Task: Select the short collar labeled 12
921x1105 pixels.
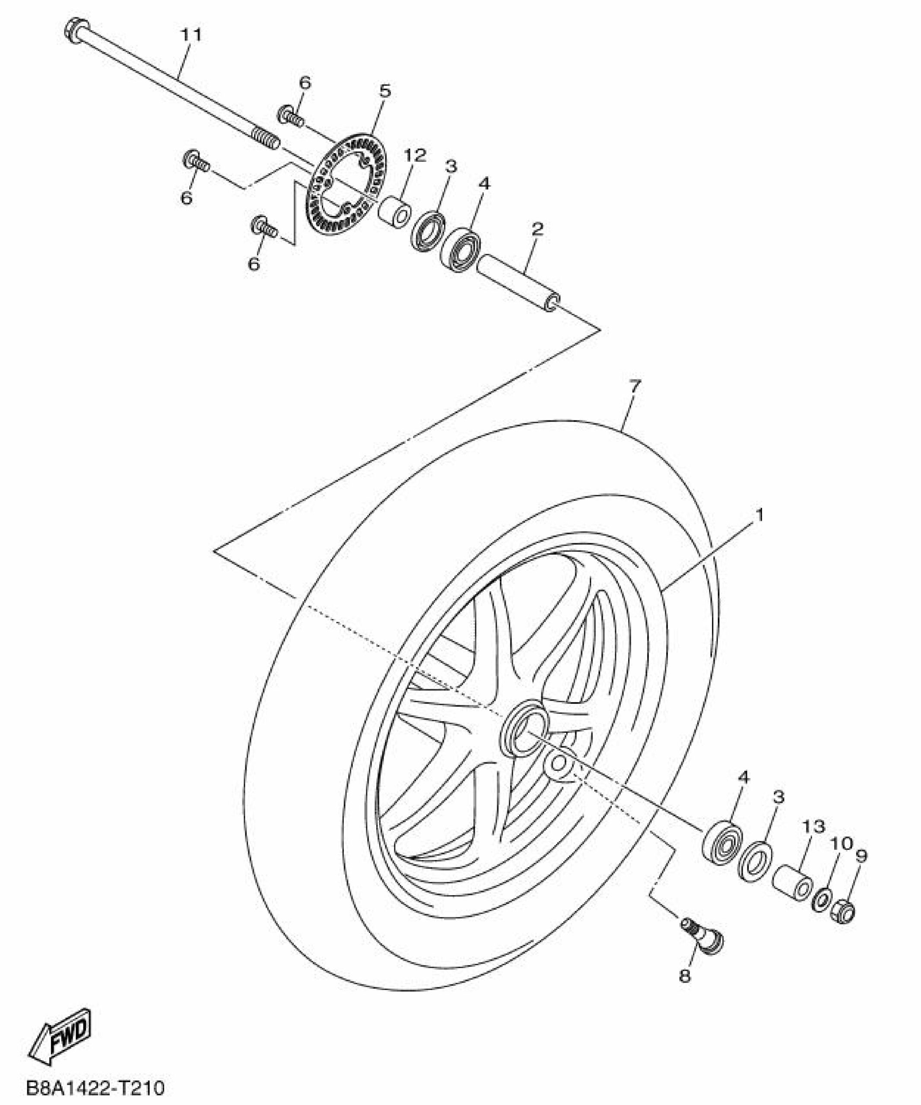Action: pyautogui.click(x=395, y=212)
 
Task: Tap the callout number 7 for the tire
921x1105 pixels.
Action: pyautogui.click(x=635, y=386)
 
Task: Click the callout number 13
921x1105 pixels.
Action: pyautogui.click(x=813, y=841)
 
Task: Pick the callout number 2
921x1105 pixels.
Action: pyautogui.click(x=538, y=229)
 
